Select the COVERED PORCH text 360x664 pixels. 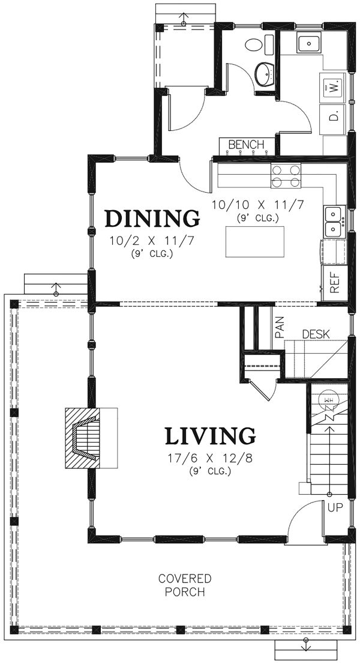click(185, 585)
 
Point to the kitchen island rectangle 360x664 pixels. click(254, 241)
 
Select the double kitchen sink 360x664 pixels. click(333, 222)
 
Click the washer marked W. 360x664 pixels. click(334, 88)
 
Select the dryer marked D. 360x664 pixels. click(334, 115)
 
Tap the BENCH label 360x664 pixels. click(247, 145)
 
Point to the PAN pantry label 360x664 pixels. click(279, 327)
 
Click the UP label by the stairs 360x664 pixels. click(335, 507)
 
